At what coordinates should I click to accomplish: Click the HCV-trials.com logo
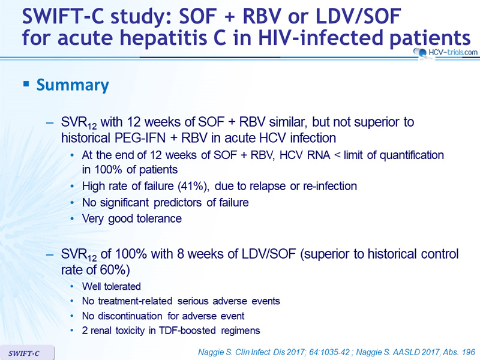[445, 52]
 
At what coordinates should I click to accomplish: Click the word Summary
[73, 85]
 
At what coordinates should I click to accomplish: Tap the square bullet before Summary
[26, 83]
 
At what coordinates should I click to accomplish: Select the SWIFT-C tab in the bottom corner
[27, 353]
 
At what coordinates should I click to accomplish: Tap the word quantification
[412, 155]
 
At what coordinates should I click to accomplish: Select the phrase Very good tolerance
[132, 219]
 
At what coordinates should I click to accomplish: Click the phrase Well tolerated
[112, 287]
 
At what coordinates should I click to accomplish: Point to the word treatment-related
[135, 301]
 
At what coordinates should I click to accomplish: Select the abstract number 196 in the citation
[469, 352]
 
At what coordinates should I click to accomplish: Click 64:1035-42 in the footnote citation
[329, 352]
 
